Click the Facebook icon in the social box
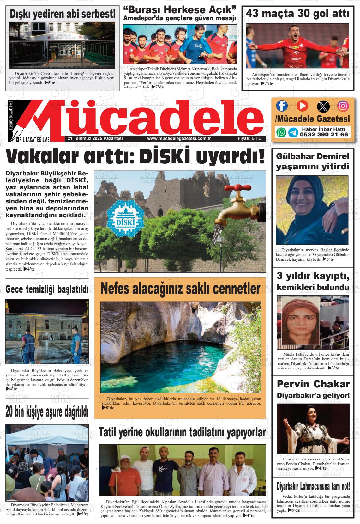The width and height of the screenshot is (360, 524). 282,106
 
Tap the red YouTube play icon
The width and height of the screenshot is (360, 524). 302,106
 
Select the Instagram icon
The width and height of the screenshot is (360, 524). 343,106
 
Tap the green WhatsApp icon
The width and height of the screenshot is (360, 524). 281,132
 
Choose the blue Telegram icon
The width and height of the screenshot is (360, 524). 293,132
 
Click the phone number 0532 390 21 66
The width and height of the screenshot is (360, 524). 324,134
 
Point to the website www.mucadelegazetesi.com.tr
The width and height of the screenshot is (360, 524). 179,138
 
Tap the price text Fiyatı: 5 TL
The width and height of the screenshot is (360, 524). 249,138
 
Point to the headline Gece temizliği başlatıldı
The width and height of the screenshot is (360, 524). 47,289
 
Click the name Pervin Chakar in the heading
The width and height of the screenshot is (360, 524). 313,384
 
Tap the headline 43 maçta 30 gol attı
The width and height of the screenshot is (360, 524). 297,14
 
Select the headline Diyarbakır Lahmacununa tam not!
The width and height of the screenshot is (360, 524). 313,485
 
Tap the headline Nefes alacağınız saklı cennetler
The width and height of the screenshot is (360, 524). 180,288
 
